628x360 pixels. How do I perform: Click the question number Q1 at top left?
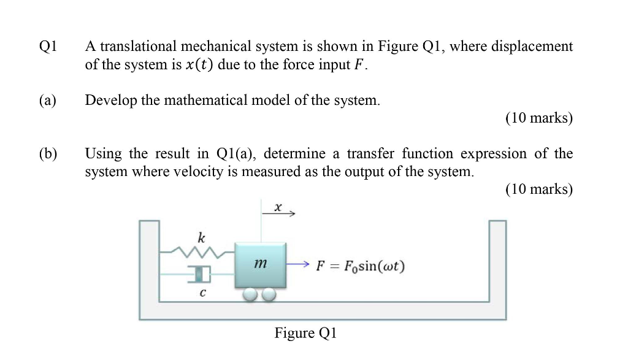coord(47,47)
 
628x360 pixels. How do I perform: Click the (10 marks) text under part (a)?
coord(538,118)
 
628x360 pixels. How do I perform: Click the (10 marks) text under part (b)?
coord(538,190)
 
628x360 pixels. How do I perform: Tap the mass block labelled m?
coord(260,264)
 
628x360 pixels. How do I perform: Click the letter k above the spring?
coord(201,237)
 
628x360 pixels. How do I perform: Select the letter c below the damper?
coord(202,293)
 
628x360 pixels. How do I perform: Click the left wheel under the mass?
coord(250,294)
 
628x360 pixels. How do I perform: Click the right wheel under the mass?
coord(269,294)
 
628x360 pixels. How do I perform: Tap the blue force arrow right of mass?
coord(297,265)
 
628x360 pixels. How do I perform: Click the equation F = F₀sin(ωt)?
coord(360,266)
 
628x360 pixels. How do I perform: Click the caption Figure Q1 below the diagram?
coord(305,333)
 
